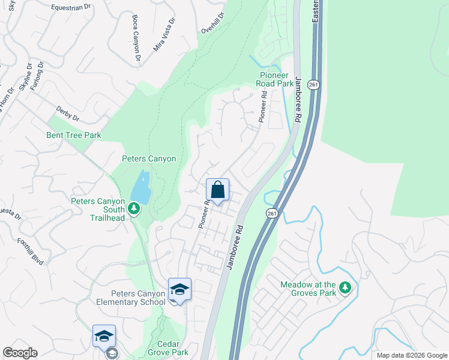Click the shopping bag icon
(x=217, y=190)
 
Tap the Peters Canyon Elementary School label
(x=138, y=298)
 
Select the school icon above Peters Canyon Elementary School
(x=179, y=289)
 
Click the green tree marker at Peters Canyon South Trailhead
(x=135, y=209)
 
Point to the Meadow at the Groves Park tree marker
(x=345, y=289)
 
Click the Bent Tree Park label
(x=74, y=135)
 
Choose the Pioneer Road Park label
(x=276, y=79)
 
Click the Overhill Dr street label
(x=213, y=26)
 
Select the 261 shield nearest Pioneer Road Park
(x=313, y=85)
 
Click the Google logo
(x=20, y=353)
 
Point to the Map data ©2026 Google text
(x=411, y=355)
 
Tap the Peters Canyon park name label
(x=149, y=159)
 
